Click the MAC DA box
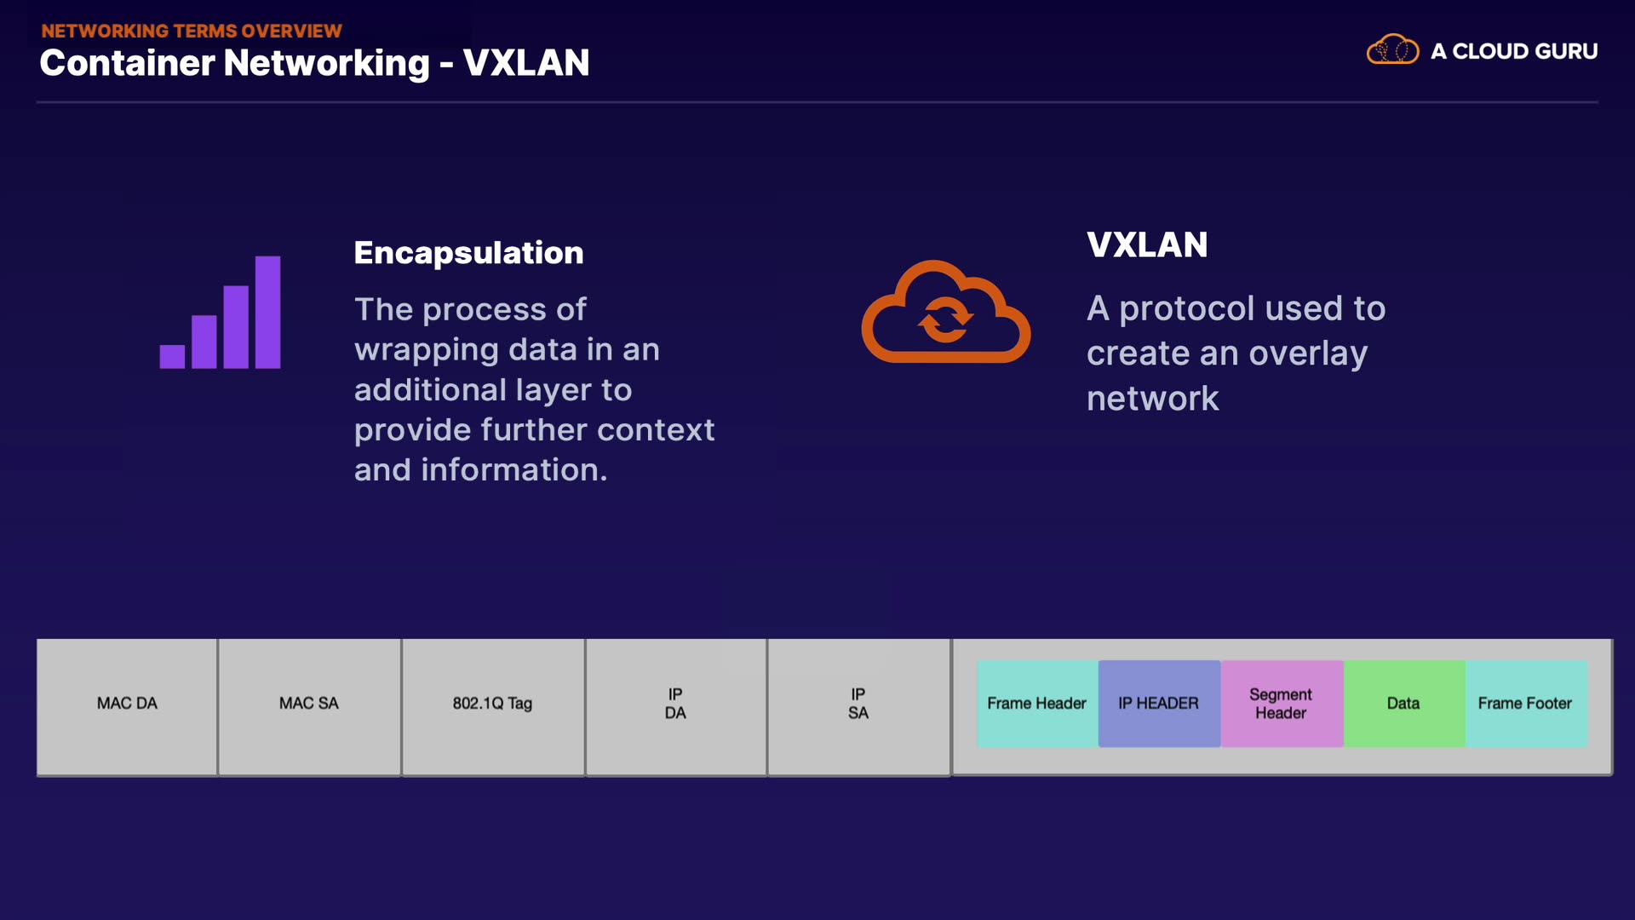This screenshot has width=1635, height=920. point(127,706)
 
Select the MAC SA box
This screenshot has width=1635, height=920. point(309,706)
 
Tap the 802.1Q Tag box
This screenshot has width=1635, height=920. point(492,706)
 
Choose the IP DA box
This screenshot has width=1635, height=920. point(675,706)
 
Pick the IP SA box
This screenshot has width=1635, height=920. point(858,706)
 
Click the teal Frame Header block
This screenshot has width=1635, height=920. point(1036,704)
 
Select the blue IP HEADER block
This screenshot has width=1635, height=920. point(1158,704)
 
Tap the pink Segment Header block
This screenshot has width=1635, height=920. point(1281,704)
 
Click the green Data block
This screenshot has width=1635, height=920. point(1403,704)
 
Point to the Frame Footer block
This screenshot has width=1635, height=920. point(1525,704)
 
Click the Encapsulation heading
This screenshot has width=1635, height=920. point(468,253)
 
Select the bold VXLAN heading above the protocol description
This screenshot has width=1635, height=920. point(1147,245)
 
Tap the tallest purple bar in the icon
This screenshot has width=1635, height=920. point(267,312)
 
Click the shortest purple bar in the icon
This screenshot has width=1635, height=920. point(172,356)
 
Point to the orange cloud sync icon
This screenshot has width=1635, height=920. point(945,313)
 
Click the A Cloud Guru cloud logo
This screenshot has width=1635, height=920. point(1392,50)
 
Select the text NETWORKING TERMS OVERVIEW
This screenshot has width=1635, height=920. point(192,31)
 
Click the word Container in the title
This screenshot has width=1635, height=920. point(126,63)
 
